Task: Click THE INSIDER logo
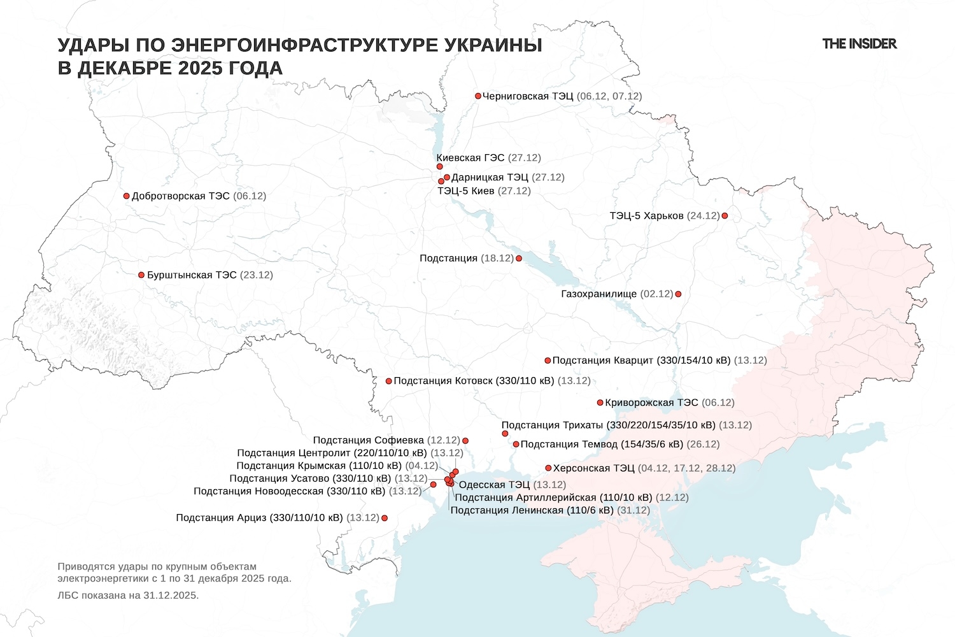coord(859,44)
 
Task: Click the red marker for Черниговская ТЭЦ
coord(478,96)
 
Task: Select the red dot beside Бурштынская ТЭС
coord(141,275)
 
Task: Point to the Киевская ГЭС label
coord(470,158)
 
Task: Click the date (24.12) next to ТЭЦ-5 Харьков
coord(704,216)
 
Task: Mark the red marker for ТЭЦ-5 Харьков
coord(725,216)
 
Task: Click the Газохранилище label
coord(598,294)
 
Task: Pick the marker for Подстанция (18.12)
coord(519,259)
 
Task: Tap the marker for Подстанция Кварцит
coord(548,361)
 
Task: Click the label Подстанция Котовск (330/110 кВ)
coord(474,381)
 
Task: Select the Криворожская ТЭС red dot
coord(600,403)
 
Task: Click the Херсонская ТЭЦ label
coord(593,468)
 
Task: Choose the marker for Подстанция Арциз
coord(384,519)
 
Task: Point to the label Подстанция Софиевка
coord(368,440)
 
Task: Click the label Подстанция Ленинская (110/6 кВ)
coord(532,510)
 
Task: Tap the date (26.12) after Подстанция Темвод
coord(703,444)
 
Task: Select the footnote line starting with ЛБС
coord(128,596)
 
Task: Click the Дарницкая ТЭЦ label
coord(490,178)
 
